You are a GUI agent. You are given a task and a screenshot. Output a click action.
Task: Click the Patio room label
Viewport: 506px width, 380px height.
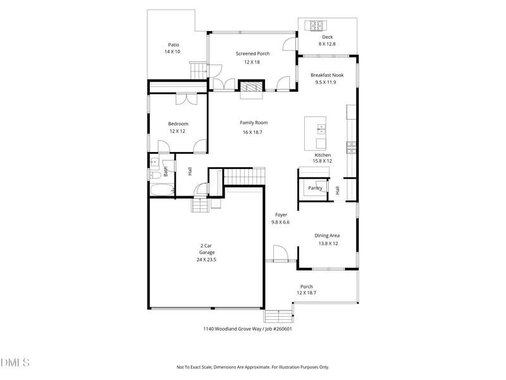pyautogui.click(x=173, y=45)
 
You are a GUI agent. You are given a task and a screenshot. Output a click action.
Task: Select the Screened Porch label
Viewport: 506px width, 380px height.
pyautogui.click(x=252, y=54)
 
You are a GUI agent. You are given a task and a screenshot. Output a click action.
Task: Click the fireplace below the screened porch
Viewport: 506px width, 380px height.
pyautogui.click(x=251, y=87)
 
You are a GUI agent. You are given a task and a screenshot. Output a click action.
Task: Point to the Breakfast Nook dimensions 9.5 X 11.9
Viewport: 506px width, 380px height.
pyautogui.click(x=326, y=82)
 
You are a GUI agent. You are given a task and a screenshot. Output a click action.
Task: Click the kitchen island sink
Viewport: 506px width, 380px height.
pyautogui.click(x=321, y=129)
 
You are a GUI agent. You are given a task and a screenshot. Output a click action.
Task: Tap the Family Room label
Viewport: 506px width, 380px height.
pyautogui.click(x=254, y=122)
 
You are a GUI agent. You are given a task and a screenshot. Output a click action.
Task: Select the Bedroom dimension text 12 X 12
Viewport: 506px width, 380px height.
pyautogui.click(x=177, y=131)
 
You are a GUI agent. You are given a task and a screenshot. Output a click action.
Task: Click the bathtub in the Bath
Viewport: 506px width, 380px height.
pyautogui.click(x=163, y=190)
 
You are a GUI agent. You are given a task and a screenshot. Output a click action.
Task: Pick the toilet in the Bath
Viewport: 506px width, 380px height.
pyautogui.click(x=155, y=175)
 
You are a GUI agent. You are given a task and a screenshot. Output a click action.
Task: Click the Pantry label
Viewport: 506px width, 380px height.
pyautogui.click(x=315, y=188)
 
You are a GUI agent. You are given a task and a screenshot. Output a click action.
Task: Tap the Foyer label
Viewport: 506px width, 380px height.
pyautogui.click(x=281, y=215)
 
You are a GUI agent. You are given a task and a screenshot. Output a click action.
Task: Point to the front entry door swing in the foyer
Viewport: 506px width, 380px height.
pyautogui.click(x=280, y=252)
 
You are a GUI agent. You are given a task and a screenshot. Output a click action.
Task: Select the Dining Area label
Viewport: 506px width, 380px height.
pyautogui.click(x=327, y=236)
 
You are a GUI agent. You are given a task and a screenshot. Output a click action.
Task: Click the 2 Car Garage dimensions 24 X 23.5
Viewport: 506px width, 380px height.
pyautogui.click(x=206, y=260)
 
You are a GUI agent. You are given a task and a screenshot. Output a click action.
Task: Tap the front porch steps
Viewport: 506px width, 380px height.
pyautogui.click(x=278, y=316)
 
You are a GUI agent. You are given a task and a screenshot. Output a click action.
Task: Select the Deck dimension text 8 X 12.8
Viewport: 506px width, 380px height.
pyautogui.click(x=327, y=44)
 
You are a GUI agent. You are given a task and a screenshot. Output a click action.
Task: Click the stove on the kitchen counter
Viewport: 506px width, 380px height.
pyautogui.click(x=351, y=147)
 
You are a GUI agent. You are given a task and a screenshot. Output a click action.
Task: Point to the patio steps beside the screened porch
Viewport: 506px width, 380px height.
pyautogui.click(x=198, y=70)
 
